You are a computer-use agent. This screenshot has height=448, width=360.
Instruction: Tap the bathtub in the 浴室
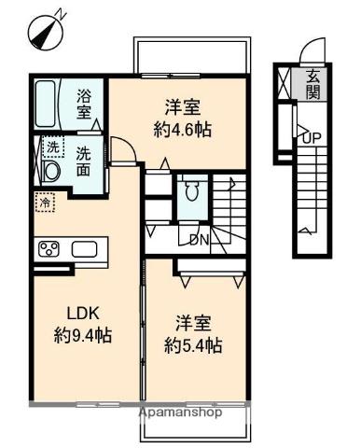pyautogui.click(x=46, y=104)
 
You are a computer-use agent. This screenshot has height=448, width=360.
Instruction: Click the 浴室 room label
pyautogui.click(x=84, y=104)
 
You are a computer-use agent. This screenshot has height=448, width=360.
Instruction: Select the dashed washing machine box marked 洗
pyautogui.click(x=53, y=147)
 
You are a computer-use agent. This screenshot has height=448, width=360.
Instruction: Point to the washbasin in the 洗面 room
pyautogui.click(x=51, y=172)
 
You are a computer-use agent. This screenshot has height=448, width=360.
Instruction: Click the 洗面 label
pyautogui.click(x=84, y=161)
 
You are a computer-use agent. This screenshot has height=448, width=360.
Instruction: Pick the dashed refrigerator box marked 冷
pyautogui.click(x=45, y=203)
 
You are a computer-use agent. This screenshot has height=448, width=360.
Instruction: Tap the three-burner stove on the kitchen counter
pyautogui.click(x=48, y=249)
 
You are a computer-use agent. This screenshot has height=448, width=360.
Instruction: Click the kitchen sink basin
pyautogui.click(x=84, y=249)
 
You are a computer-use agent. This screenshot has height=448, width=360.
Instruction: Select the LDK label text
pyautogui.click(x=83, y=314)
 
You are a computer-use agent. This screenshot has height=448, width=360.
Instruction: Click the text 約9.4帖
pyautogui.click(x=83, y=335)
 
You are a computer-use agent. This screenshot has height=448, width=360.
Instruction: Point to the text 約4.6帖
pyautogui.click(x=183, y=130)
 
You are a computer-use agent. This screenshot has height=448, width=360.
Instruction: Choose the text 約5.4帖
pyautogui.click(x=193, y=345)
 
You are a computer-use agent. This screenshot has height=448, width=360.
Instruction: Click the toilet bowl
pyautogui.click(x=191, y=190)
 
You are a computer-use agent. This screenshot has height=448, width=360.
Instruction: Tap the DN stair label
pyautogui.click(x=199, y=240)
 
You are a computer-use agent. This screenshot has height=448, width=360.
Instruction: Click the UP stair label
pyautogui.click(x=312, y=138)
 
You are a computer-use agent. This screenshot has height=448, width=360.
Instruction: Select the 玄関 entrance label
pyautogui.click(x=312, y=84)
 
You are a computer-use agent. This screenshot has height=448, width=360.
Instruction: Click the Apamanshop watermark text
pyautogui.click(x=181, y=413)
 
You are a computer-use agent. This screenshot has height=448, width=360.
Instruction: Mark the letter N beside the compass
pyautogui.click(x=62, y=14)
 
